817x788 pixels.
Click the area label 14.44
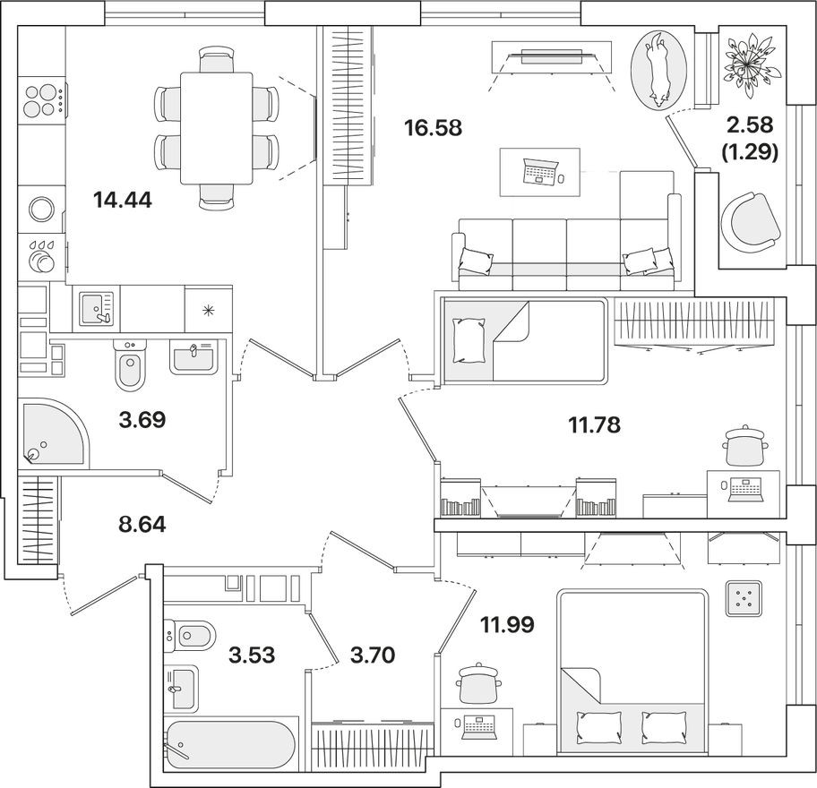pos(123,200)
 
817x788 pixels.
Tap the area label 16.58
pos(433,128)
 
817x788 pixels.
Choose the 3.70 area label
pos(362,655)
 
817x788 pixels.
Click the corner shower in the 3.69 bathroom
pos(51,433)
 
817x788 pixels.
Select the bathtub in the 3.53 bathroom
pos(230,740)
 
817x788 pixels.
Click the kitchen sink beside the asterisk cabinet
pos(94,308)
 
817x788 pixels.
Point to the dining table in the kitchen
pos(217,128)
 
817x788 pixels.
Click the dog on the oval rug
pos(658,68)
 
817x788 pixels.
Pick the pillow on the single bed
pos(467,340)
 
